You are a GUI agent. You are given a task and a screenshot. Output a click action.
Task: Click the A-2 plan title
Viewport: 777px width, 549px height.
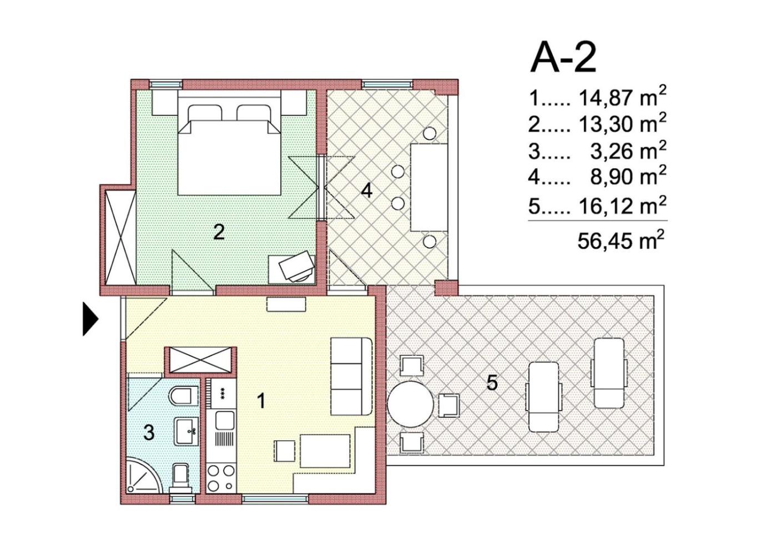pos(563,58)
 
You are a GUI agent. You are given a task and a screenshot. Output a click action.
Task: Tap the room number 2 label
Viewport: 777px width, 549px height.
pos(219,232)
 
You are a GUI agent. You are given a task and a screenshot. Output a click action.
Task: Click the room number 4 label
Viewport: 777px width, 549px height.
pos(367,190)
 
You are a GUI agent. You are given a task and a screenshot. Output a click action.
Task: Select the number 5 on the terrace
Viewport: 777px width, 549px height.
pos(492,383)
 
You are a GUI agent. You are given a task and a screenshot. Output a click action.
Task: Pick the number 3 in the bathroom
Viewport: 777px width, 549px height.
pos(149,433)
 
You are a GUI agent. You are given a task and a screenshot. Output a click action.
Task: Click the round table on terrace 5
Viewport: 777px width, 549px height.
pos(410,404)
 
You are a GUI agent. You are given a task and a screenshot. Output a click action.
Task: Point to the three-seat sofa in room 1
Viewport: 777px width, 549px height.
pos(352,376)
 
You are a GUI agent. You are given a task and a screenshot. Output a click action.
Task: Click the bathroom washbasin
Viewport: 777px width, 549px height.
pos(187,431)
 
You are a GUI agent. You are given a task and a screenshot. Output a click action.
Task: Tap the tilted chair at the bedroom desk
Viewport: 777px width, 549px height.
pos(295,265)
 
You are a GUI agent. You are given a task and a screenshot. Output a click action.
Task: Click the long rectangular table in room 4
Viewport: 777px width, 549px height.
pos(428,188)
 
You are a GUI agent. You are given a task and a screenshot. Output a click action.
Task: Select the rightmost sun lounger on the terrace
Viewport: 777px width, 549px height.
pos(609,373)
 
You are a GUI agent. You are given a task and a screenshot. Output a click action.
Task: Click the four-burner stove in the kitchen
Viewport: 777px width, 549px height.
pos(221,478)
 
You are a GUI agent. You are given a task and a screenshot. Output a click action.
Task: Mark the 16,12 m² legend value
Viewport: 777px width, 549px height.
pos(623,205)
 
